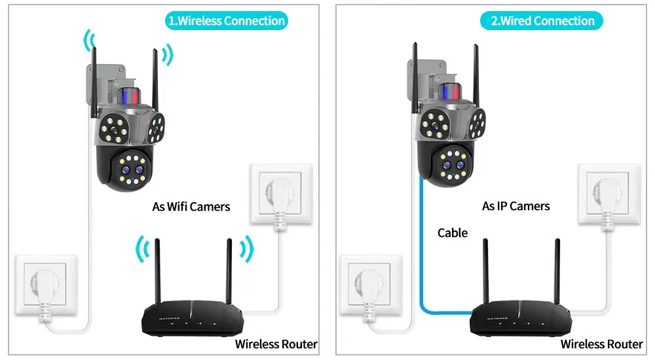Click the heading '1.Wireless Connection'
[x=227, y=21]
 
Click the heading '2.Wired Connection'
[x=543, y=21]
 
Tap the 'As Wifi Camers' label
[x=191, y=207]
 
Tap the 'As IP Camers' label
[x=516, y=206]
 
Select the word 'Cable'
[x=453, y=232]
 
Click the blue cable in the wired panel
[x=420, y=262]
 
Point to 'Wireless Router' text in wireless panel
[x=276, y=344]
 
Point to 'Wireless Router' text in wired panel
[x=602, y=344]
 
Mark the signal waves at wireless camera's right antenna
[x=167, y=56]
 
